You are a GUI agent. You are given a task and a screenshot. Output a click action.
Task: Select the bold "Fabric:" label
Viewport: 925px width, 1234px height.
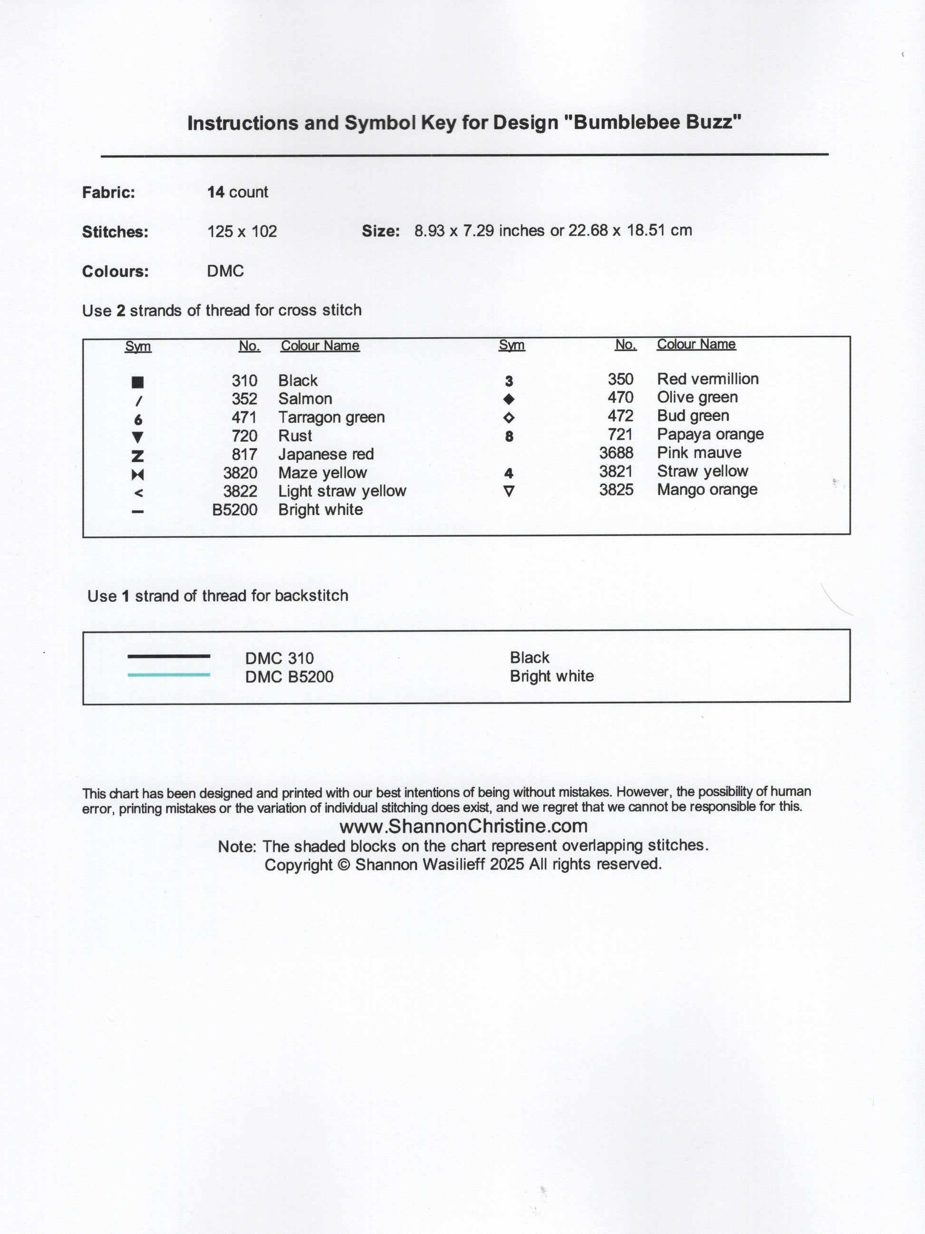pos(109,193)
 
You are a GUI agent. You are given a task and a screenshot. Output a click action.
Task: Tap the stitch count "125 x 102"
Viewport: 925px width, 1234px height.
pos(242,231)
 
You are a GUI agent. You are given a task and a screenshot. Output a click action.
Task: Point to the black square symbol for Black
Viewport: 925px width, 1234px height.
pos(138,382)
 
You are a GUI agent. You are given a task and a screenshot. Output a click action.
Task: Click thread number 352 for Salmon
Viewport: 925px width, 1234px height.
pos(244,399)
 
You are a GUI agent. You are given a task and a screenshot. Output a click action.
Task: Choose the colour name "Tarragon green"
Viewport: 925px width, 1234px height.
pos(331,418)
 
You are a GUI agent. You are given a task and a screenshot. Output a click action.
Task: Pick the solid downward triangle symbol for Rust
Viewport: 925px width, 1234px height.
pos(138,437)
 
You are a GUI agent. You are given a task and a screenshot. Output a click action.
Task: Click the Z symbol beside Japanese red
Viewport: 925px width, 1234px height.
pos(138,456)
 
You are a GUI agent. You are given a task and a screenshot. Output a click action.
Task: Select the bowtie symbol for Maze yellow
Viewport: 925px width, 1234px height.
pos(138,475)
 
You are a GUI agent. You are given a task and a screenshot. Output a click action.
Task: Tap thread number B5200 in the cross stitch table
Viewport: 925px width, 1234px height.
pos(235,510)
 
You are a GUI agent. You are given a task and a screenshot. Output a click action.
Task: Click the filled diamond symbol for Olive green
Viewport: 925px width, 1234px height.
pos(509,399)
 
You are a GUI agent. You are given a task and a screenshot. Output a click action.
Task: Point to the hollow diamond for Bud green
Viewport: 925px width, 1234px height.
pos(509,418)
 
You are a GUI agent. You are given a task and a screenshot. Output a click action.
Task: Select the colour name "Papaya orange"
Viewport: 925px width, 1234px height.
pos(710,434)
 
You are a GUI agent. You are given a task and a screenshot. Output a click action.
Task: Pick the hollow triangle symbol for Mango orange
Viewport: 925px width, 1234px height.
pos(509,491)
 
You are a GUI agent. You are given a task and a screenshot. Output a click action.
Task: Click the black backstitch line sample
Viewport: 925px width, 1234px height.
pos(169,656)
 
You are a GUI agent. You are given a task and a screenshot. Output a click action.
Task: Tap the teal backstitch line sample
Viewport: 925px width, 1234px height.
pos(169,675)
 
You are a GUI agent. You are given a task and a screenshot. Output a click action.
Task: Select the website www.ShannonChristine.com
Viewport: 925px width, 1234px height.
pos(463,826)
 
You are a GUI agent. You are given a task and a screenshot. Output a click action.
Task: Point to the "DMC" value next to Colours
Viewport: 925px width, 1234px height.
pos(225,271)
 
